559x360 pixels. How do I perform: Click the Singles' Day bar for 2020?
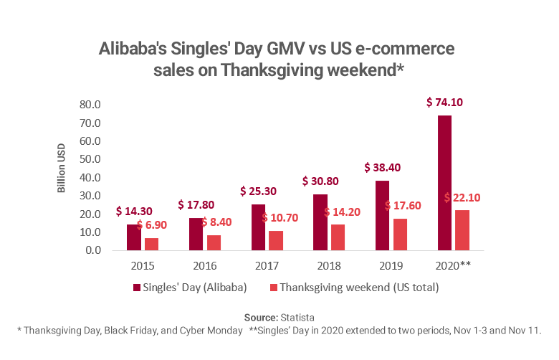click(444, 183)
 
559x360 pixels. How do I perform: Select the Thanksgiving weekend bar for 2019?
click(399, 235)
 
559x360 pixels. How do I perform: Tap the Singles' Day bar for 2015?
click(133, 237)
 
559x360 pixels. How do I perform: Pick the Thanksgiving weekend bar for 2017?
click(275, 240)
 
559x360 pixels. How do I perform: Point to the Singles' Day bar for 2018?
click(320, 222)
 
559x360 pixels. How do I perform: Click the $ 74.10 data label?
click(444, 103)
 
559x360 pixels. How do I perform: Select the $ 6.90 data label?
click(153, 225)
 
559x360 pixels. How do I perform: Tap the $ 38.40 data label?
click(383, 168)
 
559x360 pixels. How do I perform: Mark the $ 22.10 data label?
click(464, 197)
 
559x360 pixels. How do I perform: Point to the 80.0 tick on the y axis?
click(90, 105)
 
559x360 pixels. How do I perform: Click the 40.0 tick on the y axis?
click(90, 178)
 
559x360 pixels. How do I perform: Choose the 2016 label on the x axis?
click(204, 265)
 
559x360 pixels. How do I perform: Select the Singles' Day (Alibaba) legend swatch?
click(136, 288)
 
